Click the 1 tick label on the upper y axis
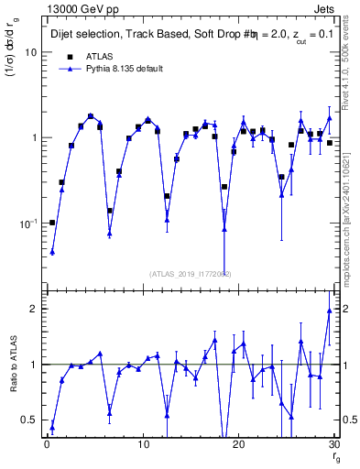(32, 137)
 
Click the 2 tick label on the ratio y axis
(32, 309)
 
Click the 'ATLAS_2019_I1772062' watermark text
(190, 273)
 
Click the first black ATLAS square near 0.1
(52, 223)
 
